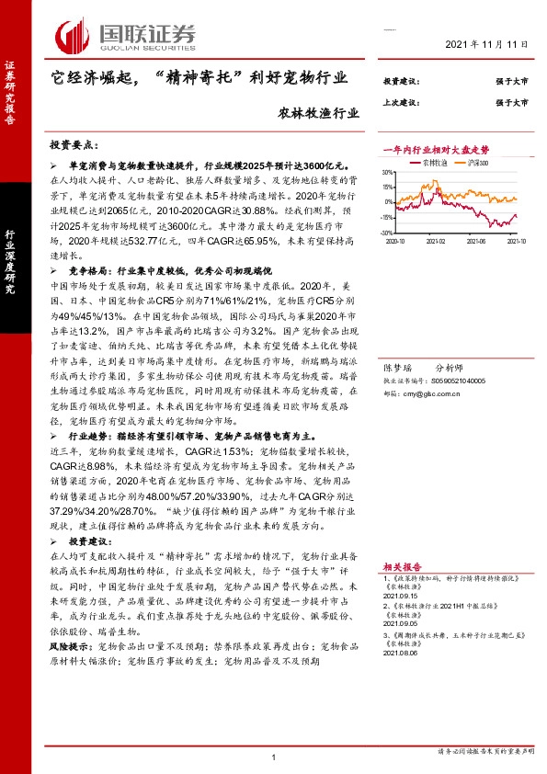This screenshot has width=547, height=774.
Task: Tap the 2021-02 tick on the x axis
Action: tap(437, 240)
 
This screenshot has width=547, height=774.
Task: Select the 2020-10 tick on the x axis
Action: tap(396, 240)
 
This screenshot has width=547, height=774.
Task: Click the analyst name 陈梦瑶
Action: tap(397, 365)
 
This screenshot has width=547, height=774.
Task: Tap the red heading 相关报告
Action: tap(402, 567)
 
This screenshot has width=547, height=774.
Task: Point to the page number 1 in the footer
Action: tap(274, 757)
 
